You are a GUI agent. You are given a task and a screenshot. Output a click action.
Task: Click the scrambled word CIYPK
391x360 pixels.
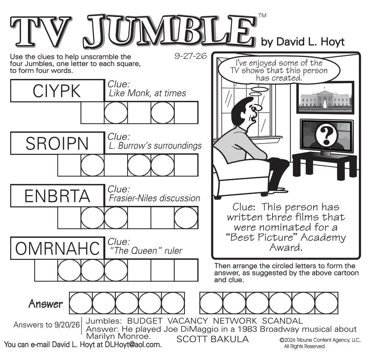57,91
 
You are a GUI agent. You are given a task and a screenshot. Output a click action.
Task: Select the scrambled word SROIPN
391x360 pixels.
57,144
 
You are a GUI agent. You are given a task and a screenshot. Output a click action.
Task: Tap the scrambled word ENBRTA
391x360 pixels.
57,196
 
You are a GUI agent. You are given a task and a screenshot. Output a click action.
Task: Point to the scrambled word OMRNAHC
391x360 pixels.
57,249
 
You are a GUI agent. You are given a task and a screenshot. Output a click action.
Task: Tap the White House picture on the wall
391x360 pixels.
325,97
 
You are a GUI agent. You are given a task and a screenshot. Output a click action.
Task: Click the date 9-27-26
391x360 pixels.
191,56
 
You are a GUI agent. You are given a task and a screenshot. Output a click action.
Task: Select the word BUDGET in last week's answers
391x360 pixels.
145,321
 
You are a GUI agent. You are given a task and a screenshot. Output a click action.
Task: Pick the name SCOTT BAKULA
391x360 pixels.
212,339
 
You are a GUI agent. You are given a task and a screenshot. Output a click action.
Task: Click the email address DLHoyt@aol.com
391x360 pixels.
133,345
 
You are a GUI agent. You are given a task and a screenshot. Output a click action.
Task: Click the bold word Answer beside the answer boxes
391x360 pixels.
46,304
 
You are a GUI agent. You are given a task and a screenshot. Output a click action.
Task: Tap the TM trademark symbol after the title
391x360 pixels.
262,15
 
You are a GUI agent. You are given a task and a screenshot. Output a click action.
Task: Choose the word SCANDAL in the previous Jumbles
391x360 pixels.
282,321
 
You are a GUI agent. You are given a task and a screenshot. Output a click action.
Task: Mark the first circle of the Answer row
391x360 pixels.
80,303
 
